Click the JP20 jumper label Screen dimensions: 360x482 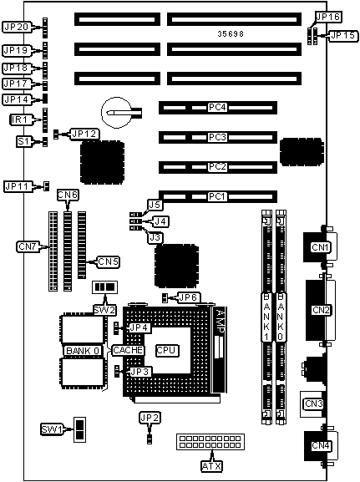17,27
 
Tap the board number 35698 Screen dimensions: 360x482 231,33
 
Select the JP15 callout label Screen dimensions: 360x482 343,36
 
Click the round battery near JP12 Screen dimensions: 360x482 117,113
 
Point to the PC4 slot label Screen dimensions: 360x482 217,108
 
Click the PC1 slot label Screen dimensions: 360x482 217,196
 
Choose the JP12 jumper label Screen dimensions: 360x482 84,134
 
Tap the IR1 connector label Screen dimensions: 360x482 19,119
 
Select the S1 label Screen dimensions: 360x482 23,142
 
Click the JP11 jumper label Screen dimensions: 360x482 18,186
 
